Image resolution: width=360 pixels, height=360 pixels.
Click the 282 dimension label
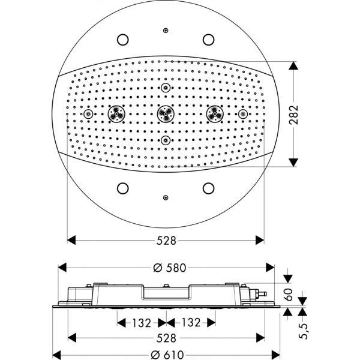pyautogui.click(x=293, y=115)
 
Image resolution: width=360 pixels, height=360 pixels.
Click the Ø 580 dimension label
pyautogui.click(x=170, y=268)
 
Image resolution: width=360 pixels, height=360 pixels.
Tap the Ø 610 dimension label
pyautogui.click(x=167, y=355)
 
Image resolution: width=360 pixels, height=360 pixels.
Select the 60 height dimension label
pyautogui.click(x=289, y=295)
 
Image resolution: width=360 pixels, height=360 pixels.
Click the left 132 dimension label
pyautogui.click(x=142, y=323)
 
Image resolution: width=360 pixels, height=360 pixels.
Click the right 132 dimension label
pyautogui.click(x=191, y=323)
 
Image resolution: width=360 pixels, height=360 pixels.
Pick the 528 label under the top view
pyautogui.click(x=166, y=241)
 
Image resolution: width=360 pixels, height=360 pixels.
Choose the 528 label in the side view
pyautogui.click(x=166, y=338)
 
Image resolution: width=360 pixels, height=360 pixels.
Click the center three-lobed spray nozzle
pyautogui.click(x=166, y=114)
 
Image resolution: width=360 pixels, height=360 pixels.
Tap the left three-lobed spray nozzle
pyautogui.click(x=116, y=114)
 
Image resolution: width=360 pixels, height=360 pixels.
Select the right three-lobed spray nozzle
pyautogui.click(x=215, y=114)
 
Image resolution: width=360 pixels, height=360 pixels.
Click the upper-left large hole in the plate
pyautogui.click(x=123, y=40)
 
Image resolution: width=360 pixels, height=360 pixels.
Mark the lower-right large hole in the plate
pyautogui.click(x=208, y=188)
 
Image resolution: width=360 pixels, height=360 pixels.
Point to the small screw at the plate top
pyautogui.click(x=166, y=31)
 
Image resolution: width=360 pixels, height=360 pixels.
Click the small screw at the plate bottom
pyautogui.click(x=166, y=197)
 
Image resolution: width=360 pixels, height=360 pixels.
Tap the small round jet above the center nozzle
pyautogui.click(x=166, y=88)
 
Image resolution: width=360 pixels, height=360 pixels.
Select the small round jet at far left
pyautogui.click(x=88, y=114)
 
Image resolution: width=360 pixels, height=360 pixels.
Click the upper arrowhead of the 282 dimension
pyautogui.click(x=293, y=65)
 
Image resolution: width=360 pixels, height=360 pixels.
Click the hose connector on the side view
pyautogui.click(x=260, y=293)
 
